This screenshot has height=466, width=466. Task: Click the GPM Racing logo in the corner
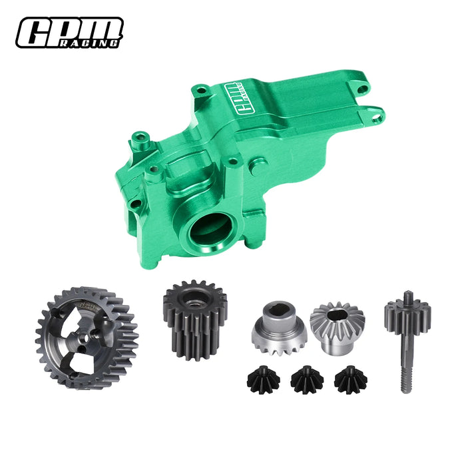[70, 32]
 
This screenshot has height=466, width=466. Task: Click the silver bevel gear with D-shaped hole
[279, 326]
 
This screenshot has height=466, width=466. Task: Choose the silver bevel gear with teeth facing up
[336, 326]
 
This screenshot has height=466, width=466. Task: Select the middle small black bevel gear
[307, 380]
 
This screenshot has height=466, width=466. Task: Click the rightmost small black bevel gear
[351, 379]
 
